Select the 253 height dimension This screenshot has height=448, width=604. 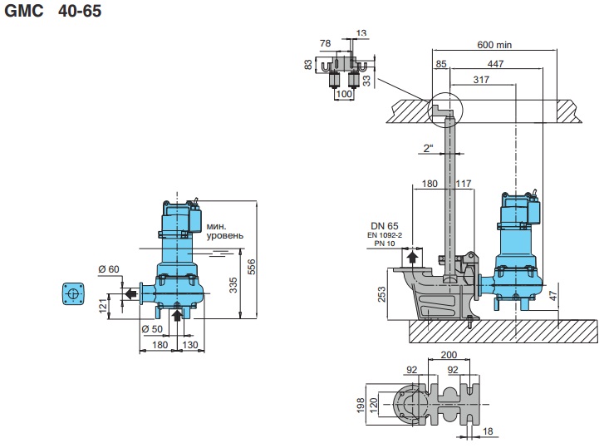pyautogui.click(x=381, y=294)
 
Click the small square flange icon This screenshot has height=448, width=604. pyautogui.click(x=75, y=293)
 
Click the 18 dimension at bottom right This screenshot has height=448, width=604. pyautogui.click(x=488, y=432)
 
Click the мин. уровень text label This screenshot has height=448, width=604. pyautogui.click(x=225, y=230)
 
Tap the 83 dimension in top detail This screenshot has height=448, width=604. pyautogui.click(x=309, y=64)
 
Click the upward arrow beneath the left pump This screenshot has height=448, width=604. pyautogui.click(x=176, y=313)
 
